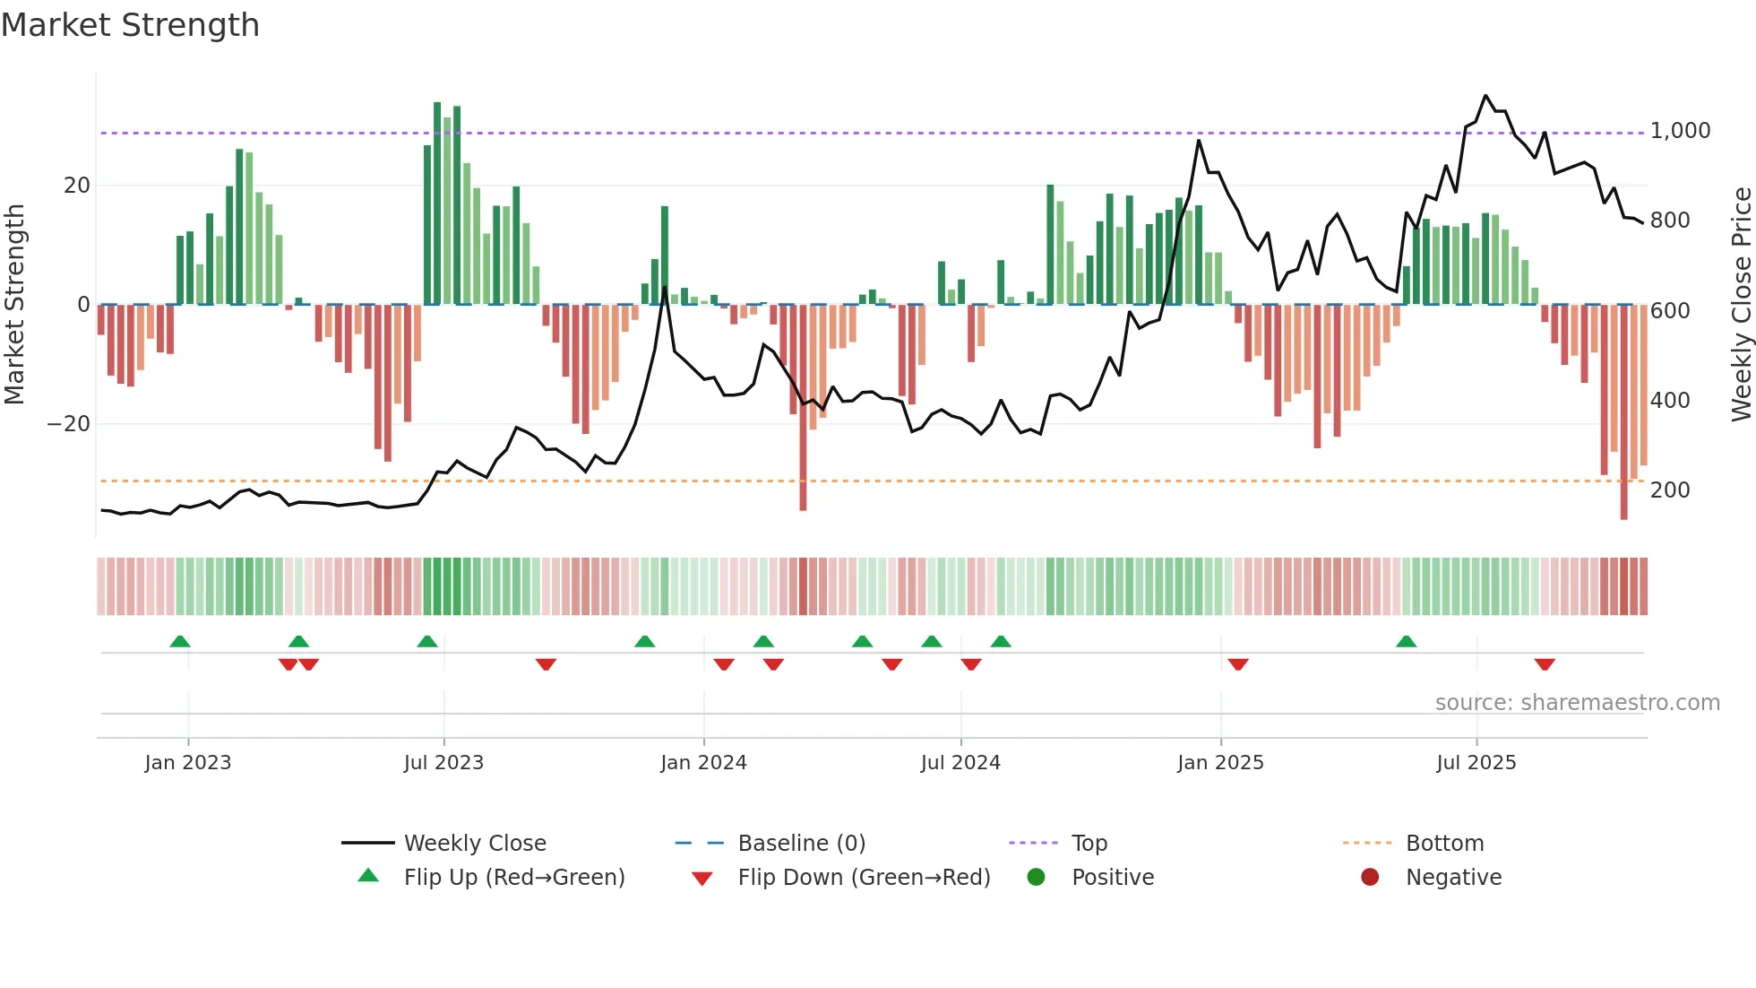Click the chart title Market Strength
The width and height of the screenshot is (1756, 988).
[130, 25]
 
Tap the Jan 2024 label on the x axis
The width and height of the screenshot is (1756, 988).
[703, 763]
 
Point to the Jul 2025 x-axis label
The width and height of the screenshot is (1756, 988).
[1476, 763]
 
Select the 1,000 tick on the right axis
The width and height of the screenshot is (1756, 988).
[1680, 131]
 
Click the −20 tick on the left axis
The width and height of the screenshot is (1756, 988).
[69, 424]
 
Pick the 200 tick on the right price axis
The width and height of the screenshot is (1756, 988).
[1670, 490]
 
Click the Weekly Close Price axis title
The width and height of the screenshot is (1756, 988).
[1741, 304]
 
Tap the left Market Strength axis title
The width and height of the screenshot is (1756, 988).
[15, 304]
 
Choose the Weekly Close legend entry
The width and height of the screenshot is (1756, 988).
[474, 844]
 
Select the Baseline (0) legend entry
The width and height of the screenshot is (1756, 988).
[801, 844]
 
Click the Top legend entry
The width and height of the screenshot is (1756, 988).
[1089, 844]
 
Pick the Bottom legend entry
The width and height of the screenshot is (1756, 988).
[1444, 844]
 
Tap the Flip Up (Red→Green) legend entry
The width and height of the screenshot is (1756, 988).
[513, 878]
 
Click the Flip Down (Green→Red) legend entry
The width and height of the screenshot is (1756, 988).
[864, 878]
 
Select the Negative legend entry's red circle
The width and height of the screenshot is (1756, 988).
[1370, 877]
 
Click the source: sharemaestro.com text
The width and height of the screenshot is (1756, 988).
[1577, 703]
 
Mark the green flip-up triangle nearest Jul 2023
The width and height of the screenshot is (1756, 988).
[427, 641]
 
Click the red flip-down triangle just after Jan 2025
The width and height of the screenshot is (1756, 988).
[1238, 664]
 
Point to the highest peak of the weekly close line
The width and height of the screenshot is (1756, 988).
[1485, 95]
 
